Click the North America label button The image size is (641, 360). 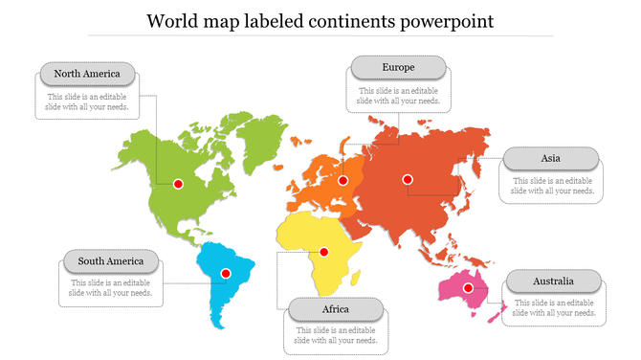pos(87,74)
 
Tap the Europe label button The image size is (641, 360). pos(398,67)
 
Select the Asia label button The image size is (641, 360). pos(551,158)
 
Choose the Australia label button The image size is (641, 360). pos(554,281)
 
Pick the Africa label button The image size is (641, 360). pos(336,309)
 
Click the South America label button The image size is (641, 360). pos(111,260)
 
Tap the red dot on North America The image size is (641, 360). pos(178,184)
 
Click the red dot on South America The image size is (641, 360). pos(226,273)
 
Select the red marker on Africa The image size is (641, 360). pos(324,252)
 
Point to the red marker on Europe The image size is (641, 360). pos(343,180)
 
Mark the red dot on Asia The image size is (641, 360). pos(408,179)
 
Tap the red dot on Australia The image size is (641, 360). pos(469,287)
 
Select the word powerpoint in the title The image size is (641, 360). pos(446,20)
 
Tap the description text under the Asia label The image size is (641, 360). pos(552,186)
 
